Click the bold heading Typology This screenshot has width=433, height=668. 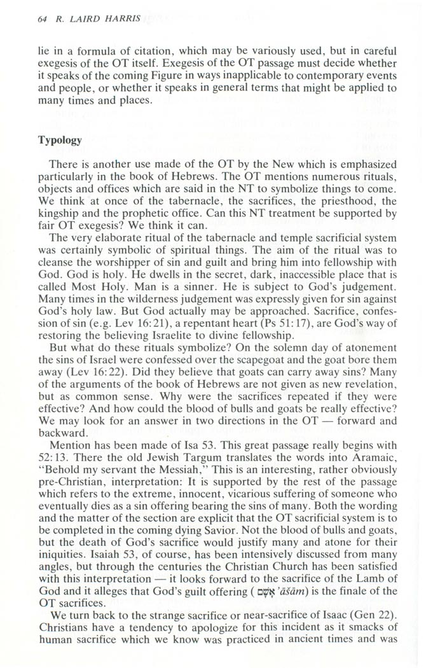(x=58, y=140)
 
